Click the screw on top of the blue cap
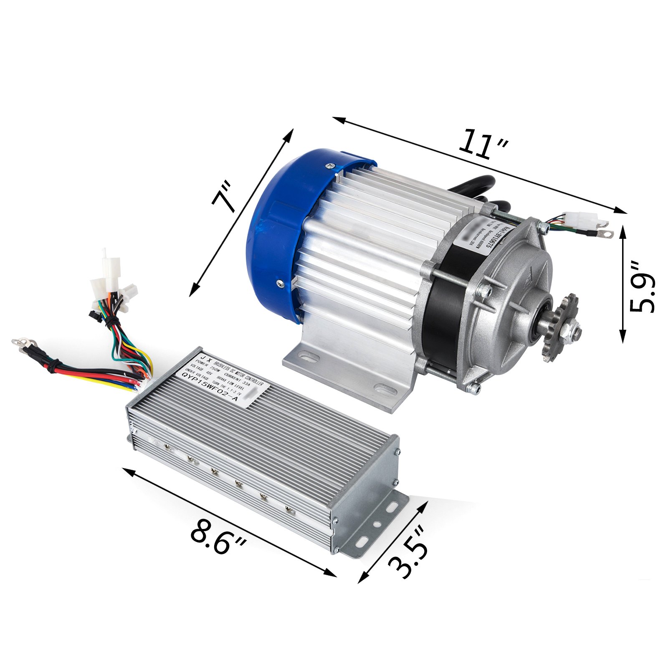[x=331, y=166]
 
